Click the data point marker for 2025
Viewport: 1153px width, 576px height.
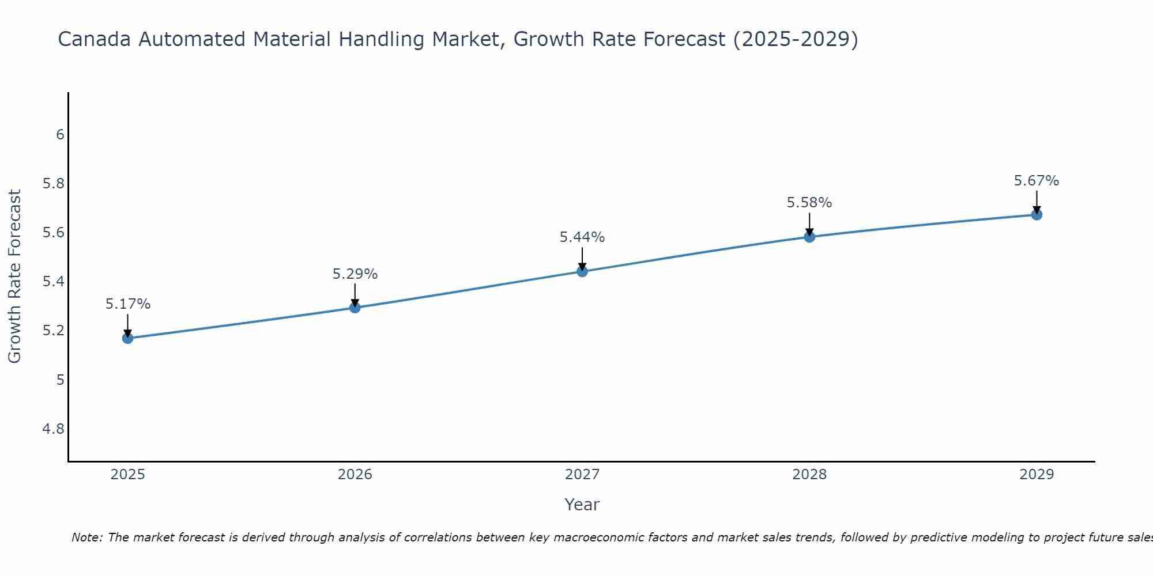127,338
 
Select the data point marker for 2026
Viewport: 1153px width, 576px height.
355,308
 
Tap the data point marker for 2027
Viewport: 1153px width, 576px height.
582,271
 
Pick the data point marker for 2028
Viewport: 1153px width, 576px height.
809,237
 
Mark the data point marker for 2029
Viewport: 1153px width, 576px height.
1037,215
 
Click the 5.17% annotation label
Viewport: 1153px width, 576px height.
127,304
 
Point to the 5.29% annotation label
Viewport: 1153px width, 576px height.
355,274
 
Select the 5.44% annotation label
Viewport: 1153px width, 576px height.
582,237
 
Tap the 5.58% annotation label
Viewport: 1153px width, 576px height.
809,203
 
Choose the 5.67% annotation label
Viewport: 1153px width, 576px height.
1037,181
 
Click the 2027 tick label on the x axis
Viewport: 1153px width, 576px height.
582,475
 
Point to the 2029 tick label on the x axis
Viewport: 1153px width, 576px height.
1037,475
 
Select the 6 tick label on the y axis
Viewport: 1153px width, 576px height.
60,135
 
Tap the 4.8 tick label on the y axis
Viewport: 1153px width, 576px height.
54,429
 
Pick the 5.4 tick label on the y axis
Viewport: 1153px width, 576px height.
54,282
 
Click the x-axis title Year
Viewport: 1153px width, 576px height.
582,505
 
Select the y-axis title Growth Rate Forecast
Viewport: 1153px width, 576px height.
14,276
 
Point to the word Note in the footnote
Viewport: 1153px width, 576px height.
86,537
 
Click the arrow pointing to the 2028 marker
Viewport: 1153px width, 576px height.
809,223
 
